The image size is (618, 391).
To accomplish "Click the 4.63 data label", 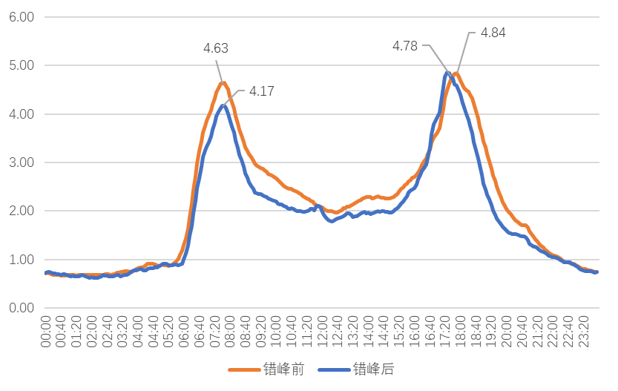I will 215,48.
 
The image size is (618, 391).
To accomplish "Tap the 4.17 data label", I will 261,91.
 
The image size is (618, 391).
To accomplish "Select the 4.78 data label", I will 405,45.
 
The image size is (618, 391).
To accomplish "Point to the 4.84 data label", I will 493,33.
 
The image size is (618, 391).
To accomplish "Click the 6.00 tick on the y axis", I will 22,16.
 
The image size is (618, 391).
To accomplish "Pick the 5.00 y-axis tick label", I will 22,65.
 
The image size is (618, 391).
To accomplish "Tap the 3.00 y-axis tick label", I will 22,162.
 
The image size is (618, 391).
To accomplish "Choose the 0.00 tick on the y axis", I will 22,308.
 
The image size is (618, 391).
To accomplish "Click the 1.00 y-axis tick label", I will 22,260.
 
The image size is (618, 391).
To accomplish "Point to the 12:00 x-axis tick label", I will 323,332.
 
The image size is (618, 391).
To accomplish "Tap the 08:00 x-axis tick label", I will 231,332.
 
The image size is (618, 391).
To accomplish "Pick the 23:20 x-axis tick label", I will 584,332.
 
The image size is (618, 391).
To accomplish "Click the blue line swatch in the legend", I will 334,369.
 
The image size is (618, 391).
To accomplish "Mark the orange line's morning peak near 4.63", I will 222,82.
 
